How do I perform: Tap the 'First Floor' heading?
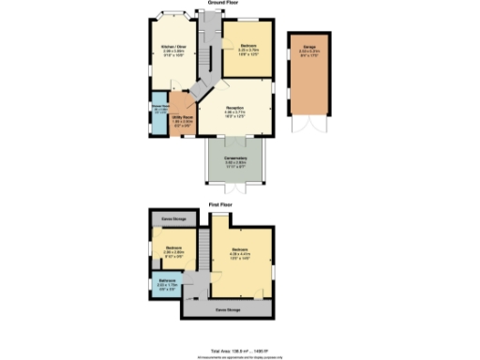pos(221,202)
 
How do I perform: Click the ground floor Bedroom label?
pos(247,46)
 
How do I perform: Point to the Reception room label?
pos(235,112)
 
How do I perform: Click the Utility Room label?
pos(183,119)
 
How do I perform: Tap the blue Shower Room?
pos(159,111)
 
